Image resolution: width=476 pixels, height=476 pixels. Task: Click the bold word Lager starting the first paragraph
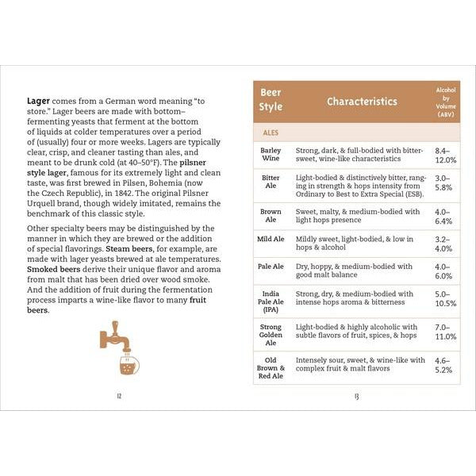tap(39, 101)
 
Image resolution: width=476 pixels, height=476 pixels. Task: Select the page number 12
tap(119, 396)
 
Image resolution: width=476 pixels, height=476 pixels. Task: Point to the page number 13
tap(356, 396)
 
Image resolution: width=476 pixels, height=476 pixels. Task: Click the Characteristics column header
tap(361, 102)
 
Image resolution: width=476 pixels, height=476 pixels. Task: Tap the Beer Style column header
tap(271, 101)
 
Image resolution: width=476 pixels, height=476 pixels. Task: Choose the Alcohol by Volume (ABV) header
tap(446, 102)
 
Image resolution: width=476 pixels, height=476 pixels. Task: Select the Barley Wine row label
tap(271, 154)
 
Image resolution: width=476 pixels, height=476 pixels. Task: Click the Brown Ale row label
tap(271, 216)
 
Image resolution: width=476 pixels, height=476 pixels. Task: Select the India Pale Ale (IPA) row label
tap(271, 301)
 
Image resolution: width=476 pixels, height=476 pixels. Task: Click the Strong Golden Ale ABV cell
tap(446, 332)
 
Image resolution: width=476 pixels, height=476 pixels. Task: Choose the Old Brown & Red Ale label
tap(271, 368)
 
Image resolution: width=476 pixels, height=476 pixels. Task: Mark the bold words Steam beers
tap(117, 250)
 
